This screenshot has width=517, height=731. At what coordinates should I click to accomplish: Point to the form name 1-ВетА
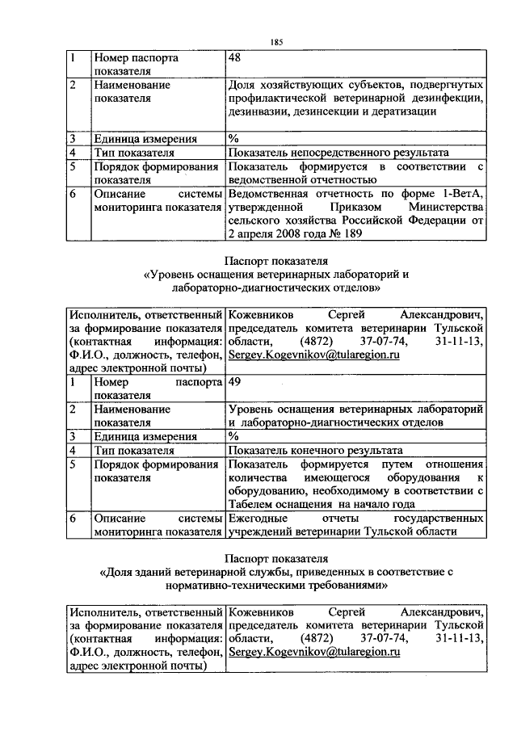(463, 193)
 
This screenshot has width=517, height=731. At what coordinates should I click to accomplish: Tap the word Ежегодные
(258, 518)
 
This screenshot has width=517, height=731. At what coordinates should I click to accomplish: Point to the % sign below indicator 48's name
(233, 138)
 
